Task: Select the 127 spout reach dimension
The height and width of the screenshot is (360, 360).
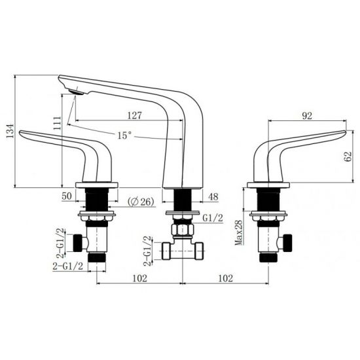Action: click(x=134, y=115)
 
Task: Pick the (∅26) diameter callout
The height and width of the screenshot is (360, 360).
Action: click(x=141, y=202)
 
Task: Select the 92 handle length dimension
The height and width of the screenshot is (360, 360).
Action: click(x=306, y=116)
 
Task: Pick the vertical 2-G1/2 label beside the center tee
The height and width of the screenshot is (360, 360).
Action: click(x=149, y=249)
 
